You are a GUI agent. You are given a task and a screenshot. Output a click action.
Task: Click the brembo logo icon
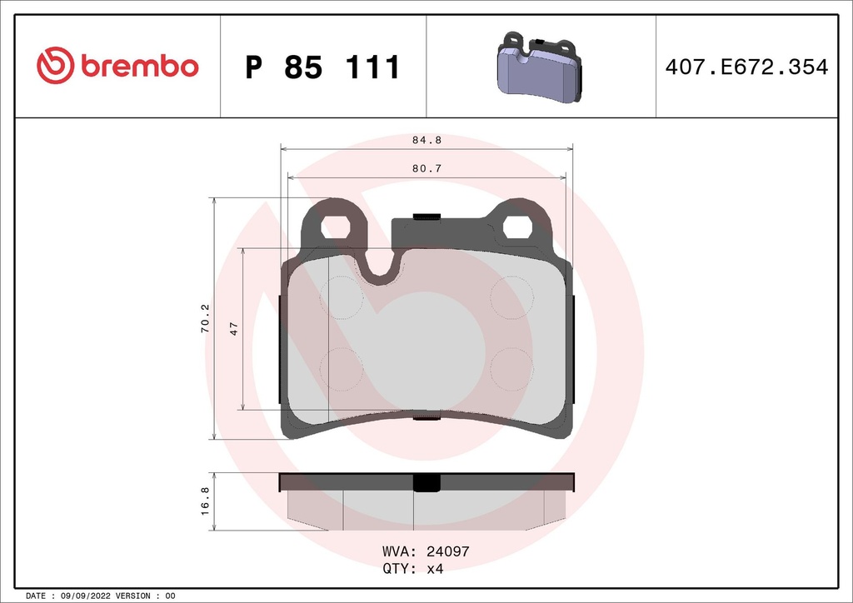coord(56,67)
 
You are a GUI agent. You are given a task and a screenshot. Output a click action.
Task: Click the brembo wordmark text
coord(139,67)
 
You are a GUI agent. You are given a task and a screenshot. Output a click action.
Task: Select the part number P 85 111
coord(323,67)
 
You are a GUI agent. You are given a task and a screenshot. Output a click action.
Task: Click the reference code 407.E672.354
coord(746,67)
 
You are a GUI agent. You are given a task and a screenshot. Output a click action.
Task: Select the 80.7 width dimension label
coord(426,168)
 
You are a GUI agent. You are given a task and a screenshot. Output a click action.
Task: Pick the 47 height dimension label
coord(234,329)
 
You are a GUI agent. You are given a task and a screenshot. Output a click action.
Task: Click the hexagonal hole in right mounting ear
coord(517,226)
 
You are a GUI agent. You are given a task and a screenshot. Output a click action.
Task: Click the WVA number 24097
coord(449,551)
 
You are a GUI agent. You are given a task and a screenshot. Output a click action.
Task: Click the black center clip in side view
coord(426,483)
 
